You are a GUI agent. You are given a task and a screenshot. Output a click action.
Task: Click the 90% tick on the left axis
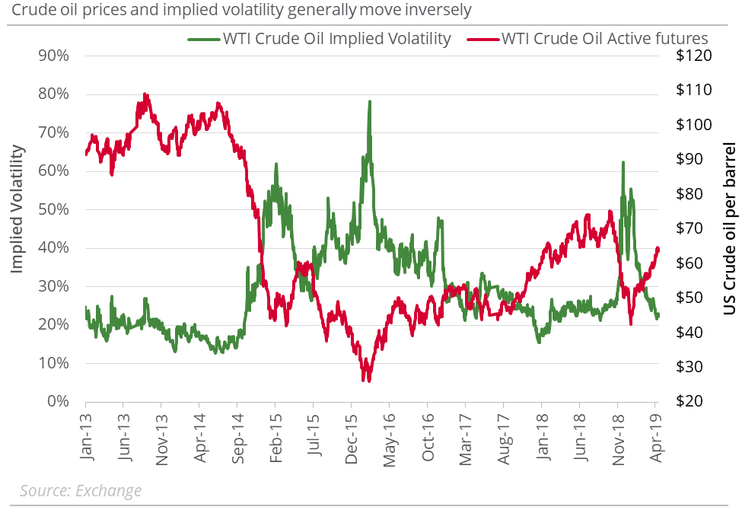pyautogui.click(x=55, y=56)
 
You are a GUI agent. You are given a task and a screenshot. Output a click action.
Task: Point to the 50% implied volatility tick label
pyautogui.click(x=55, y=209)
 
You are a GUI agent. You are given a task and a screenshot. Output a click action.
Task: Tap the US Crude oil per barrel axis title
pyautogui.click(x=728, y=228)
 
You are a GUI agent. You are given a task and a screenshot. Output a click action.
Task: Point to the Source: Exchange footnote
pyautogui.click(x=81, y=491)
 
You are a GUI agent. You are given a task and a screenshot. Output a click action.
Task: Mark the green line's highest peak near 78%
pyautogui.click(x=370, y=102)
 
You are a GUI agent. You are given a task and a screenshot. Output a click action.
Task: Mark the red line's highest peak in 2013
pyautogui.click(x=145, y=95)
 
